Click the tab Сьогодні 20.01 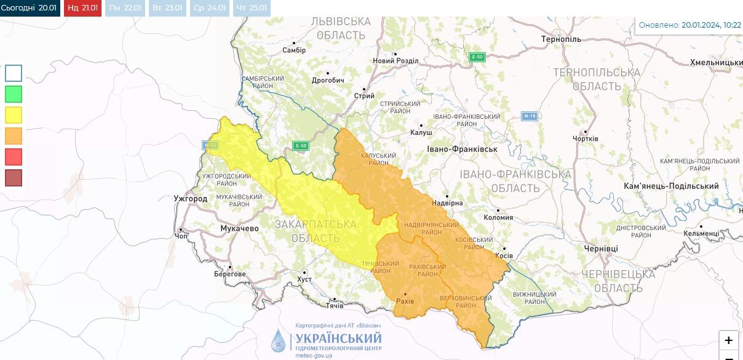point(30,8)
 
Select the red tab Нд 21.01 point(82,8)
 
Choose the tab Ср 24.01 point(209,8)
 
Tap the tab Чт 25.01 point(251,8)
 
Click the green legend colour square point(14,94)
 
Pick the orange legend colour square point(14,135)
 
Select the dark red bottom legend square point(14,178)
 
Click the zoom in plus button point(728,340)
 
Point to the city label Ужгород point(191,199)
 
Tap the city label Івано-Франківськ point(462,149)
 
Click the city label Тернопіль point(561,39)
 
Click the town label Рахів point(404,301)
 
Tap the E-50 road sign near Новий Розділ point(477,57)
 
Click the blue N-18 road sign point(530,116)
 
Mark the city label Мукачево point(239,228)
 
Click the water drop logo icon point(279,340)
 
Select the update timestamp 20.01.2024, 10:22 point(711,25)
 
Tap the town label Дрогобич point(327,80)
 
